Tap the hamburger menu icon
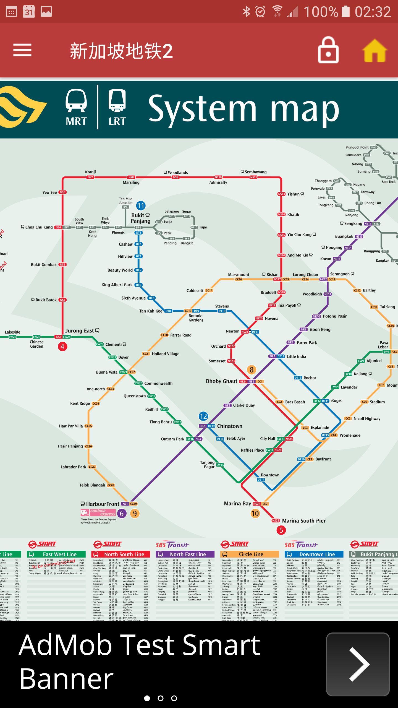[22, 50]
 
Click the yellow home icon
[375, 51]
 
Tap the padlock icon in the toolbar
[328, 50]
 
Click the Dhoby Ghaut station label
[221, 381]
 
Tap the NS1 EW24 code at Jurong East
[63, 337]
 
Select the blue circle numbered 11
[141, 206]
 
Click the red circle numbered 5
[281, 530]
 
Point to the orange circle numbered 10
[255, 514]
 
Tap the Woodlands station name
[177, 172]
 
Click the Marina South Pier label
[304, 521]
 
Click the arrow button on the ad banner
[358, 664]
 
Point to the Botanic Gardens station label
[196, 318]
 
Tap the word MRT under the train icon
[76, 121]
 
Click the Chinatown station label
[229, 426]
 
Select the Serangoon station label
[340, 274]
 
